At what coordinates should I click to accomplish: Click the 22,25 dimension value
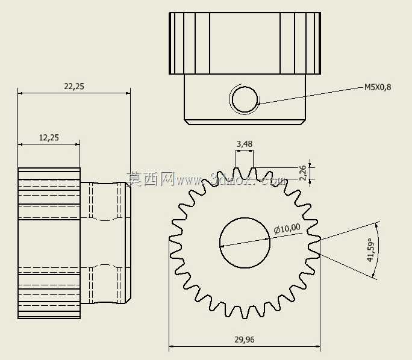tap(74, 87)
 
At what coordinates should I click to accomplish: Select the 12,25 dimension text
tap(49, 138)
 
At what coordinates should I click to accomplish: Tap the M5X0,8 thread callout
tap(378, 87)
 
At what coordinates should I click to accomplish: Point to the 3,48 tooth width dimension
tap(245, 144)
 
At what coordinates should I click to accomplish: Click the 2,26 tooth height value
tap(303, 173)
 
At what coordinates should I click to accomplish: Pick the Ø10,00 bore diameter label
tap(287, 228)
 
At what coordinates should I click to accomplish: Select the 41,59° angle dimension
tap(370, 250)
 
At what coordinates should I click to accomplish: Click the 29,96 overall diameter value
tap(245, 340)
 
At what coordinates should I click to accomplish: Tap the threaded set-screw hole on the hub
tap(245, 99)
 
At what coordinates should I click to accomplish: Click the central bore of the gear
tap(245, 243)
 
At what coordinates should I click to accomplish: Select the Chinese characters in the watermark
tap(151, 179)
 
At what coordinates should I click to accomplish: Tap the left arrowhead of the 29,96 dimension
tap(171, 346)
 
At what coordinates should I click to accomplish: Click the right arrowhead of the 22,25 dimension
tap(128, 93)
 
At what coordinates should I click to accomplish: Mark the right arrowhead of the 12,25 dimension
tap(77, 144)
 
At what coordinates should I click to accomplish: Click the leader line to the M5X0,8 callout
tap(311, 96)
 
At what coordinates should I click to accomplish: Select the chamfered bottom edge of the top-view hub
tap(245, 122)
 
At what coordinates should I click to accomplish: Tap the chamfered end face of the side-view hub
tap(128, 243)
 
